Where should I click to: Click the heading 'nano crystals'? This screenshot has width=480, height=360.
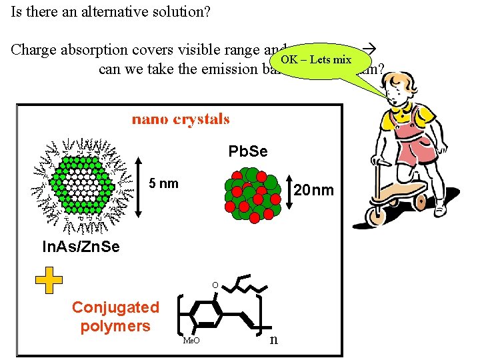coord(181,120)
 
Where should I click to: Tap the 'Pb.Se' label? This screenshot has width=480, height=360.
coord(248,152)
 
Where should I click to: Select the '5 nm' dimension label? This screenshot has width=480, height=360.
coord(164,183)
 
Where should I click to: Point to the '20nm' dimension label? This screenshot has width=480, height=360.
coord(313,191)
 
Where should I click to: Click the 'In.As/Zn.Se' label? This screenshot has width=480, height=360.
coord(81,247)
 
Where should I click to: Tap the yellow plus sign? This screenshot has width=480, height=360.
coord(49,281)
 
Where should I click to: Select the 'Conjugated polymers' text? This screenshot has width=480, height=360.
coord(115,317)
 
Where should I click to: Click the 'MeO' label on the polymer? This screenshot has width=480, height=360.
coord(191,341)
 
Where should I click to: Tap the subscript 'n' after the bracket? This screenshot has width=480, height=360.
coord(273,339)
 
